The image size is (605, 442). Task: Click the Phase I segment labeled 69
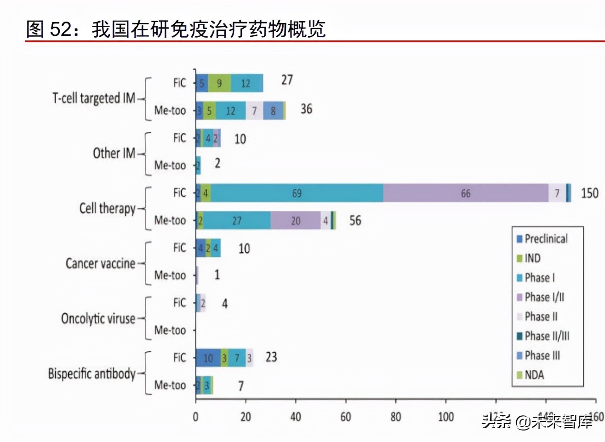(x=297, y=193)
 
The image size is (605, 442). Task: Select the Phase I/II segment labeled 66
(x=465, y=193)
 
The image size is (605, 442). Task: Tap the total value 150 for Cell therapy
(x=589, y=193)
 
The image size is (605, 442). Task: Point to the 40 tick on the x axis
(x=296, y=417)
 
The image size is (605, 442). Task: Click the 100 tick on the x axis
(x=445, y=417)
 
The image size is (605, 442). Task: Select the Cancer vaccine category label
(x=100, y=263)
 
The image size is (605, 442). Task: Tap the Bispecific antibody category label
(x=91, y=374)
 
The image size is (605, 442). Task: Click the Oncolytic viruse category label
(x=98, y=318)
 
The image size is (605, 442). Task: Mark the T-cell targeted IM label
(x=94, y=98)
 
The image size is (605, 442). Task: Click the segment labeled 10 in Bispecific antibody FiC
(x=208, y=358)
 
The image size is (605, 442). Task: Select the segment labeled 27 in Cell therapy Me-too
(x=236, y=221)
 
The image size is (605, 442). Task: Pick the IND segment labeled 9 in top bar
(x=219, y=83)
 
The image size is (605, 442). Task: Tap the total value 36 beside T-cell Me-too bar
(x=306, y=109)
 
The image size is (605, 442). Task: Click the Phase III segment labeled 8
(x=273, y=111)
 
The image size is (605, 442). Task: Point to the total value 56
(x=355, y=221)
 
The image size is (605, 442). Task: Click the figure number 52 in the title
(x=60, y=29)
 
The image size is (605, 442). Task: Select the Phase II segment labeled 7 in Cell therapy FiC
(x=557, y=193)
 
